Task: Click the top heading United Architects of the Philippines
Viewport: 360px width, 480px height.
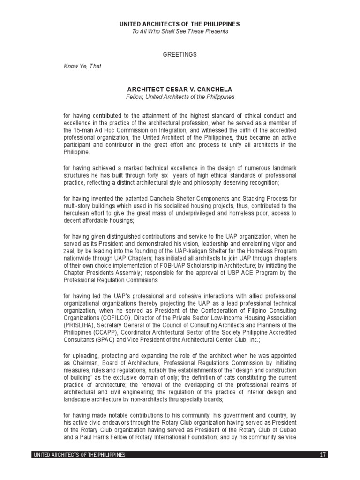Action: pos(180,24)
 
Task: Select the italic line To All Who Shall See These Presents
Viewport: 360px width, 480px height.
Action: pos(180,31)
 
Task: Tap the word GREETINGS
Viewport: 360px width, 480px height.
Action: pos(180,55)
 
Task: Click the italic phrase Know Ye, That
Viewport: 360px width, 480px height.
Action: pos(82,67)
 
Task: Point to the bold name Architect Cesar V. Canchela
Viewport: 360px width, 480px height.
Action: pos(180,89)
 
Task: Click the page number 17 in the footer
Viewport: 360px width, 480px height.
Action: pos(322,455)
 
